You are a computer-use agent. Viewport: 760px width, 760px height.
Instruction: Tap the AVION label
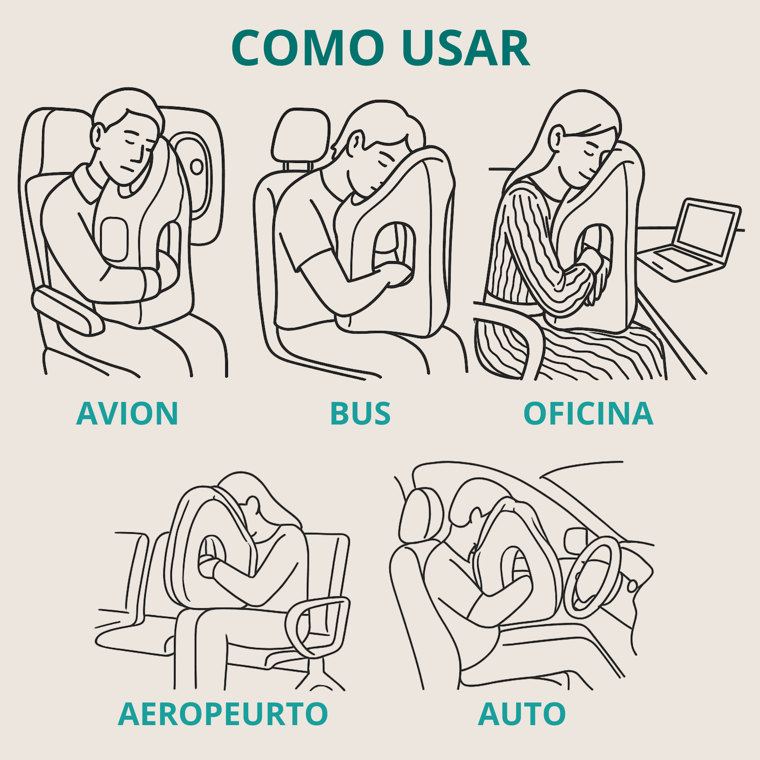(127, 414)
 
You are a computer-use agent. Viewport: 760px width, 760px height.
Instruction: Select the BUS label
(360, 414)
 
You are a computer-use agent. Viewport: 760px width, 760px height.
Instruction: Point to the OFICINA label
(588, 414)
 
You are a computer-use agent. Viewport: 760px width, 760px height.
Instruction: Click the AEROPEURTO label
(223, 714)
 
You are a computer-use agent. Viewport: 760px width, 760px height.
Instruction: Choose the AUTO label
(522, 714)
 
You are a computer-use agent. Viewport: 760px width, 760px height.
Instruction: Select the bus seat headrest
(300, 136)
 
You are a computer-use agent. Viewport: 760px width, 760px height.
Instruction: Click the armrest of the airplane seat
(67, 311)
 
